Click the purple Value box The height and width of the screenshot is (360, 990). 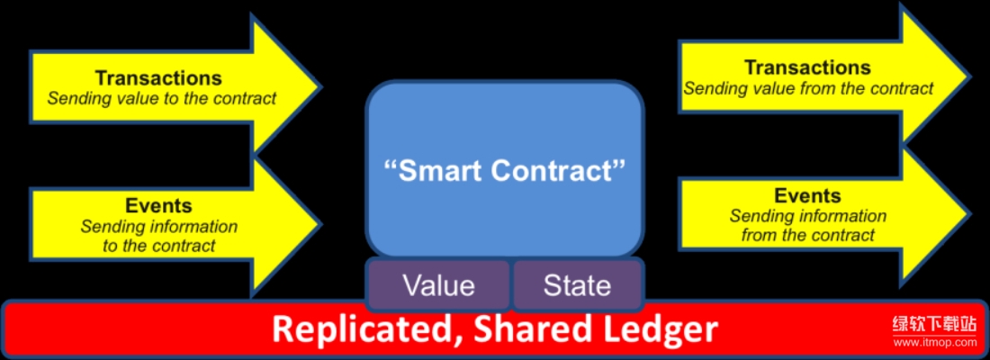click(439, 284)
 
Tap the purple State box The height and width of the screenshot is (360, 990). click(577, 284)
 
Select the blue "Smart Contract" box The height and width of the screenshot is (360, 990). click(505, 170)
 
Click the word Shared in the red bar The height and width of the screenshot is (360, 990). click(523, 329)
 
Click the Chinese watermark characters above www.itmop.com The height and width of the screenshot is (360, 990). click(935, 325)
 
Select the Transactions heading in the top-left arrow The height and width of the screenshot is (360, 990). click(158, 77)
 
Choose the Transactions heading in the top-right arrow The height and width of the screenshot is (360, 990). click(807, 67)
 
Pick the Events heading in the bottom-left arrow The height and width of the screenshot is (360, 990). click(158, 205)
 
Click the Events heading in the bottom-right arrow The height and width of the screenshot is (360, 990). click(807, 195)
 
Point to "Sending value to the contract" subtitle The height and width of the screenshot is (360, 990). click(162, 98)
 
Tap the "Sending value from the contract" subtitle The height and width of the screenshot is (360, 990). click(808, 88)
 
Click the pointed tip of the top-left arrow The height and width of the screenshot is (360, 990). click(321, 85)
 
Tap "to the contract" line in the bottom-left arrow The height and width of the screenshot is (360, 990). click(159, 245)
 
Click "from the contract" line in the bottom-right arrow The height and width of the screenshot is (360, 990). click(808, 235)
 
